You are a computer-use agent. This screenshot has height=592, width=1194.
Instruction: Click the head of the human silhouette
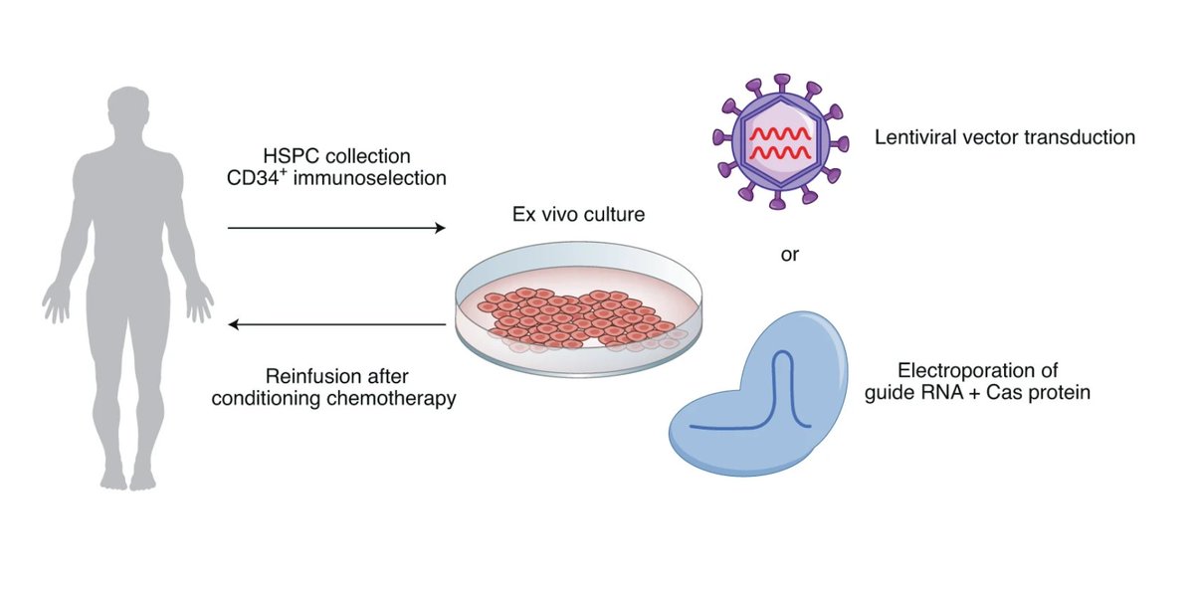point(127,115)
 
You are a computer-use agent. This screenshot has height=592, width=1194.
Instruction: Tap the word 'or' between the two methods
point(789,254)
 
